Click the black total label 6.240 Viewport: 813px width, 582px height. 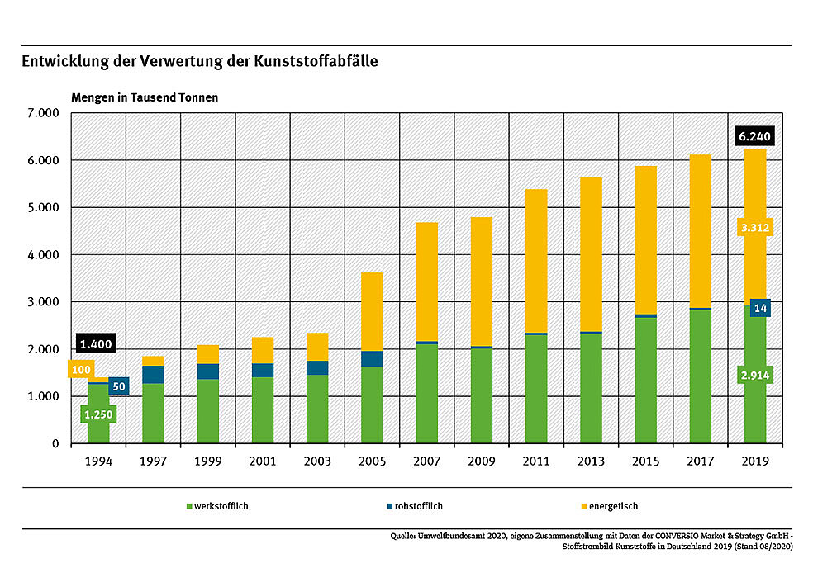(754, 137)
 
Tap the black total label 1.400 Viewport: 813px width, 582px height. (95, 343)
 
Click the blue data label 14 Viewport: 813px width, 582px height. (760, 308)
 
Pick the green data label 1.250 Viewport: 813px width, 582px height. (97, 414)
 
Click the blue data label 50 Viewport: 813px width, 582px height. (118, 386)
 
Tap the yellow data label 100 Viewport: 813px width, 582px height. (81, 370)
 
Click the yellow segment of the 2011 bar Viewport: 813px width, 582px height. (536, 260)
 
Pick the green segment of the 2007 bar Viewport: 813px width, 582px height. (427, 393)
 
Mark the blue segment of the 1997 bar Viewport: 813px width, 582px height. (153, 374)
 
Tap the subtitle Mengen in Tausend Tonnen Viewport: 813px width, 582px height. (145, 97)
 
